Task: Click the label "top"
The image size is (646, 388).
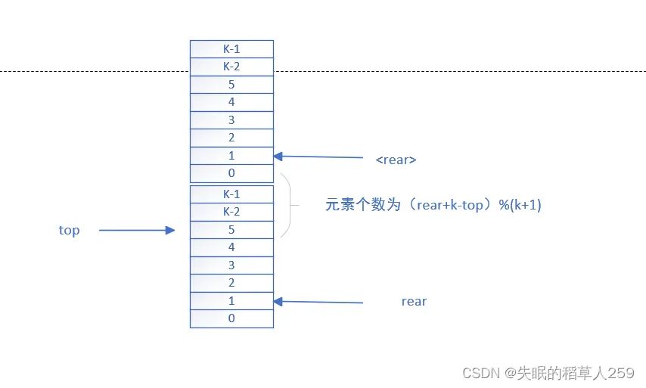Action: (x=69, y=230)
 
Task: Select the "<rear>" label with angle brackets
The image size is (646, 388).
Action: (x=396, y=160)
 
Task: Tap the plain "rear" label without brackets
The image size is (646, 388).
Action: (x=414, y=301)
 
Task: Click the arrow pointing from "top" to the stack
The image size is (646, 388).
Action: (x=137, y=231)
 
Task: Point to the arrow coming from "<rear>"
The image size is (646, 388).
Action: (x=318, y=157)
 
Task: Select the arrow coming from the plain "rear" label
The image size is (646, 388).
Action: (x=318, y=302)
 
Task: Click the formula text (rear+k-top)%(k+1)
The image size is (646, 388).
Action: (x=433, y=204)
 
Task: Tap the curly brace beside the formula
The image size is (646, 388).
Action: (x=287, y=205)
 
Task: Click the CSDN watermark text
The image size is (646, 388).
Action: (x=548, y=372)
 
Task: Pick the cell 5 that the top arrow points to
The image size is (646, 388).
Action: (x=231, y=229)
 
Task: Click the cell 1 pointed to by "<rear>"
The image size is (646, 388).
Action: (x=231, y=155)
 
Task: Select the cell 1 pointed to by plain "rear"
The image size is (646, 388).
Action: (x=231, y=300)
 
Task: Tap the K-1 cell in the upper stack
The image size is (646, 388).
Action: (x=231, y=48)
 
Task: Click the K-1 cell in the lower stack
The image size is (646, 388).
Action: (x=231, y=194)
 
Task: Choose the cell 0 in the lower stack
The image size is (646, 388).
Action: (x=231, y=318)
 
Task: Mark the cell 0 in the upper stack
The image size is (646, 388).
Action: (x=231, y=172)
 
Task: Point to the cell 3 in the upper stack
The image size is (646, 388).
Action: (x=231, y=120)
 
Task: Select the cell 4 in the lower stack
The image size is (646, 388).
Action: (x=231, y=247)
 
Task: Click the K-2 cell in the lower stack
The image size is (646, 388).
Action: (x=231, y=212)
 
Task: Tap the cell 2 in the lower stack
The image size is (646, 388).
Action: (x=231, y=283)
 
